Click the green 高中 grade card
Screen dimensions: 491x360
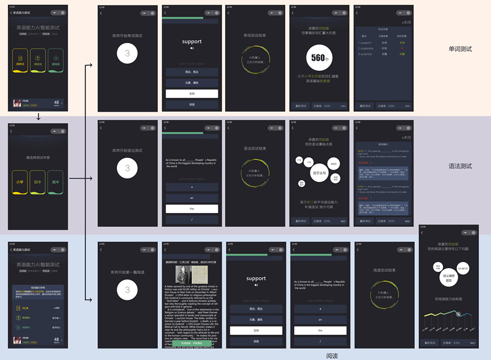pos(55,182)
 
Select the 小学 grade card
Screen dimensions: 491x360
pos(20,182)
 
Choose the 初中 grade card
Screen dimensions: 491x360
pos(38,182)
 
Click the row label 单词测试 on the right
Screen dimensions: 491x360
pos(460,49)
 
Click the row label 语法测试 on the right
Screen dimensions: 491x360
pos(460,166)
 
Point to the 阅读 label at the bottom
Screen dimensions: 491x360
pos(332,356)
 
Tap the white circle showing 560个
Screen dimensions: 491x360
pos(318,58)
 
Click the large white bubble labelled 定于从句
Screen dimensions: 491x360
pos(319,173)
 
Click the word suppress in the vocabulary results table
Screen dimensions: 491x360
pos(366,49)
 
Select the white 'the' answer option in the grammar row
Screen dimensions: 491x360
pos(191,209)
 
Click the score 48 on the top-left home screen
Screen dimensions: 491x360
pos(56,102)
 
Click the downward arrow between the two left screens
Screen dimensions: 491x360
pos(38,116)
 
